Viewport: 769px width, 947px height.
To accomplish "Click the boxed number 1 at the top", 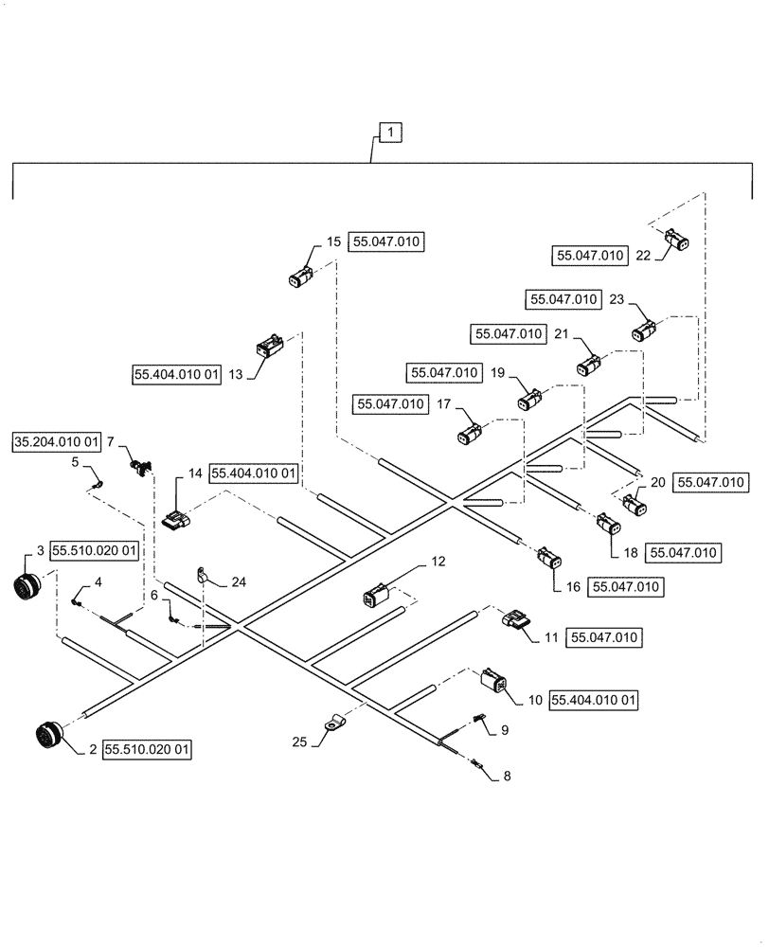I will (389, 133).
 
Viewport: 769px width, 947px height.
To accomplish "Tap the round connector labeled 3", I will (31, 586).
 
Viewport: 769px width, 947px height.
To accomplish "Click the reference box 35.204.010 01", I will (58, 441).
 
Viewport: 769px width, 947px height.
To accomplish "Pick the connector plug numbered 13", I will (267, 347).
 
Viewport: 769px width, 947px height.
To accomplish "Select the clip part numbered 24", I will (203, 575).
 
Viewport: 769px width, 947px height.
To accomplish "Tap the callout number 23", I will (617, 299).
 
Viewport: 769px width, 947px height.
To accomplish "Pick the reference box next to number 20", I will (710, 483).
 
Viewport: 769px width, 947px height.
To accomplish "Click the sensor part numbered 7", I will (142, 464).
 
